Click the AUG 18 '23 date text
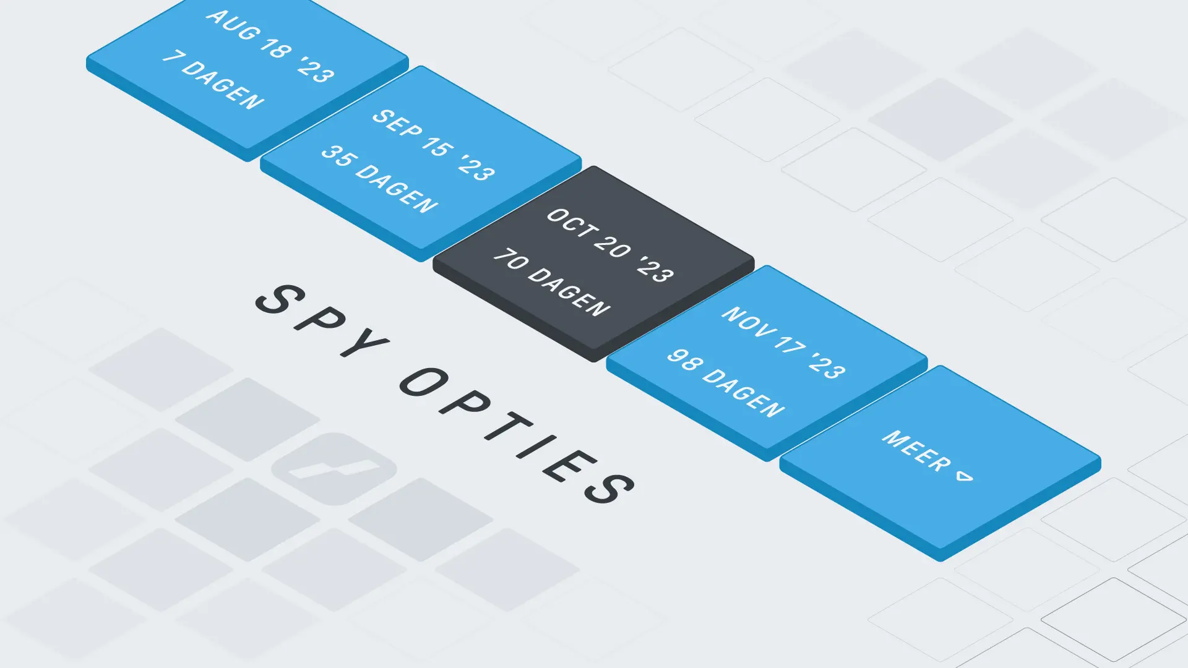(270, 46)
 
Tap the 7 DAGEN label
(213, 80)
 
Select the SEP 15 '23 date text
(433, 145)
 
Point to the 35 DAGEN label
(379, 179)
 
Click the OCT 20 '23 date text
(610, 245)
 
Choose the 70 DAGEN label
(552, 282)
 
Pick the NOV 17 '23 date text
(783, 343)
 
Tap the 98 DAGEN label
(726, 383)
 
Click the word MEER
(917, 451)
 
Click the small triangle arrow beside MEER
(965, 476)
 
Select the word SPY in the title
(322, 320)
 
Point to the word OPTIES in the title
(517, 435)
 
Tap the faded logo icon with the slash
(334, 468)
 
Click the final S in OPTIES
(610, 487)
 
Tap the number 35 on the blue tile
(338, 155)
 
